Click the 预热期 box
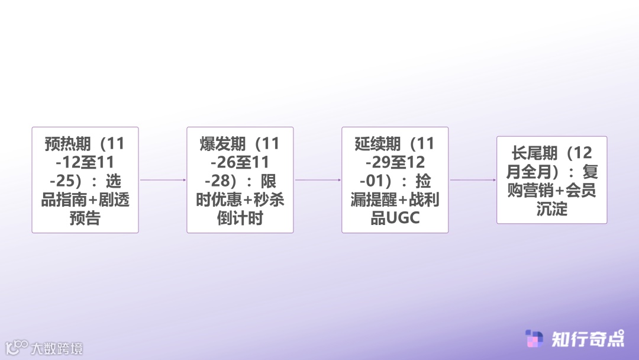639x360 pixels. coord(85,179)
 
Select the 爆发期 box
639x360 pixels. coord(240,179)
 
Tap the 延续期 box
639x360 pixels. coord(395,179)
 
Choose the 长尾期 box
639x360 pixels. coord(551,179)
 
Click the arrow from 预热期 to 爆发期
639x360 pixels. coord(163,179)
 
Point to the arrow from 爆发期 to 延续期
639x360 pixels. coord(318,179)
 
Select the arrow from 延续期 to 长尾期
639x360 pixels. coord(473,179)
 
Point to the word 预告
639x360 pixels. coord(85,218)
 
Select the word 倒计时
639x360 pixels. coord(240,218)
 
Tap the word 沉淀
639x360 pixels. coord(551,209)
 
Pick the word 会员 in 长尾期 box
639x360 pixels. coord(581,191)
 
